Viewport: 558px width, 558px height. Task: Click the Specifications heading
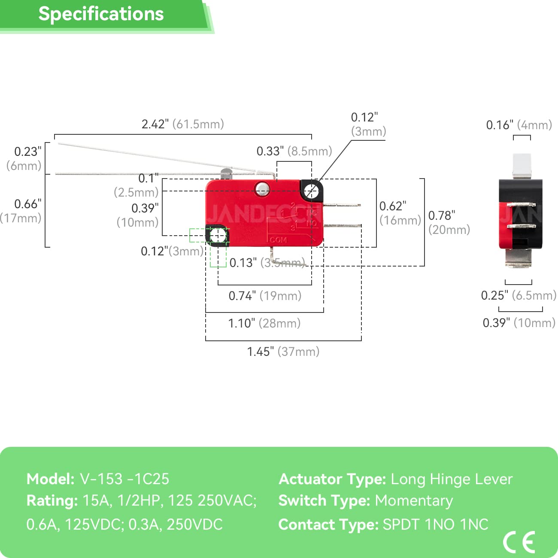point(101,14)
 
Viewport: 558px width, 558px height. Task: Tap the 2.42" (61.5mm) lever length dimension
point(183,124)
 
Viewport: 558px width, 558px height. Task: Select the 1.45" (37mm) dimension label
point(283,352)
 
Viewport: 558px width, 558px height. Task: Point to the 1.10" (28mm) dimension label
point(264,323)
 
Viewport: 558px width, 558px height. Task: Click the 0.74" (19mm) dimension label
point(265,296)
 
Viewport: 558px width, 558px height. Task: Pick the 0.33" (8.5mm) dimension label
point(294,151)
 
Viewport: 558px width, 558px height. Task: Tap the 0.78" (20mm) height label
point(449,222)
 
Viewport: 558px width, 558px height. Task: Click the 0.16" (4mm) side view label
point(519,125)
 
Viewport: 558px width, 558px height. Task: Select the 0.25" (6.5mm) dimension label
point(519,295)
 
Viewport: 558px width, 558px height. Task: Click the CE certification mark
point(519,542)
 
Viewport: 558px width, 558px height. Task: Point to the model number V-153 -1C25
point(124,479)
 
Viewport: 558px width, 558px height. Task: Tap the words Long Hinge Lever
point(452,479)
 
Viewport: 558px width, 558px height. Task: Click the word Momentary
point(414,500)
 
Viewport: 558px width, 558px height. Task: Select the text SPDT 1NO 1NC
point(435,525)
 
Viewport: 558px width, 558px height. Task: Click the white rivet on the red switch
point(262,188)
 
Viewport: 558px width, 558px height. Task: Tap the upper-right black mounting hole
point(312,191)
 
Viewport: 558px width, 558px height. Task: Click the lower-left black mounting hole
point(218,235)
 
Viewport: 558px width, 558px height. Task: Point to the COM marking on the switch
point(278,240)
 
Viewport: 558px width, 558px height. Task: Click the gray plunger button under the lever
point(226,174)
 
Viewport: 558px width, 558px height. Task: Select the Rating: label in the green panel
point(52,500)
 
